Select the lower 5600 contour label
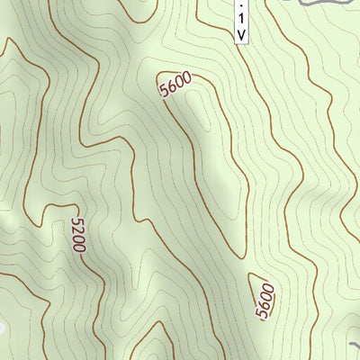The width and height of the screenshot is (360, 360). (264, 301)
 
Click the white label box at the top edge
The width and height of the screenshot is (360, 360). (240, 20)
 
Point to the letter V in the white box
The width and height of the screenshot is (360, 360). (240, 34)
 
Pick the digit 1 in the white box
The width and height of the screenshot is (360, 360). (240, 19)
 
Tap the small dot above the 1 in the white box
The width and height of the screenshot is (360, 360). (240, 4)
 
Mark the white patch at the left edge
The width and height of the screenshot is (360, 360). (3, 328)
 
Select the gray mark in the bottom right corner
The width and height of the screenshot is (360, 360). (355, 346)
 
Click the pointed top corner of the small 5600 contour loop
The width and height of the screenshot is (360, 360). (253, 273)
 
